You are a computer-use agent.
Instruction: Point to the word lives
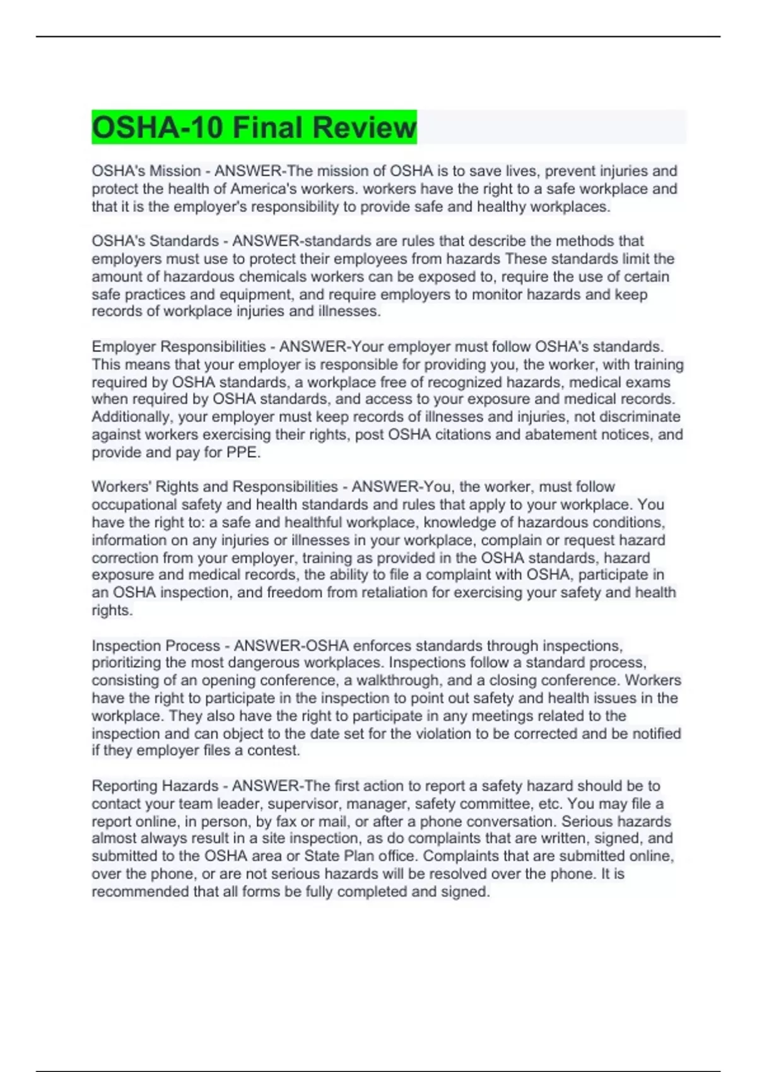[524, 171]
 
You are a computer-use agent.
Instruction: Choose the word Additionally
[131, 417]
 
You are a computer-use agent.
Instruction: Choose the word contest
[278, 750]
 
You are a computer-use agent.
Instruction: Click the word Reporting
[124, 786]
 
